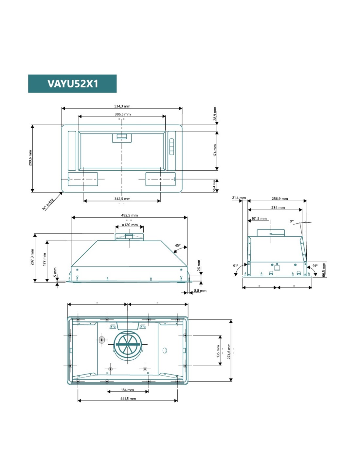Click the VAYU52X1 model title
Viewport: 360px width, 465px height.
tap(73, 83)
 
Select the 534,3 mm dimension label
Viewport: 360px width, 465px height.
tap(122, 106)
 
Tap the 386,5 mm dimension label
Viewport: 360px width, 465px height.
tap(122, 114)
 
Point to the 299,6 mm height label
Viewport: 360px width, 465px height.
tap(30, 158)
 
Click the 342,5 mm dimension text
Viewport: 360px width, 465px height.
tap(122, 199)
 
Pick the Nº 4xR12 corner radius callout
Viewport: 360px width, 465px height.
tap(48, 204)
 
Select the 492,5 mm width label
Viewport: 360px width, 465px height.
tap(129, 215)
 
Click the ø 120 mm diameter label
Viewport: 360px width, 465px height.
tap(130, 225)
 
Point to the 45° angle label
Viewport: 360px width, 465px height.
tap(177, 246)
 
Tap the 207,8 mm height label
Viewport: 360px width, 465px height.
tap(32, 257)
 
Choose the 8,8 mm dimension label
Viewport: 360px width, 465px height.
tap(200, 291)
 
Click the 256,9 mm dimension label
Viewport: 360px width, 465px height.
tap(280, 198)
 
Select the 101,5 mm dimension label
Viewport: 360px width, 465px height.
tap(259, 218)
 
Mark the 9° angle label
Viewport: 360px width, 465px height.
tap(292, 221)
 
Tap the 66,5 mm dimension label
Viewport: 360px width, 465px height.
tap(324, 270)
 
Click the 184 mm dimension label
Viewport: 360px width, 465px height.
tap(127, 390)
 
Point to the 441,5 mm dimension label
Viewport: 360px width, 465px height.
tap(128, 399)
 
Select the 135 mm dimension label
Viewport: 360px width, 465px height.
tap(218, 351)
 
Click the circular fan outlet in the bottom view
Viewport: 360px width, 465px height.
tap(127, 344)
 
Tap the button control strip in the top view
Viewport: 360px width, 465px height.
tap(171, 147)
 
